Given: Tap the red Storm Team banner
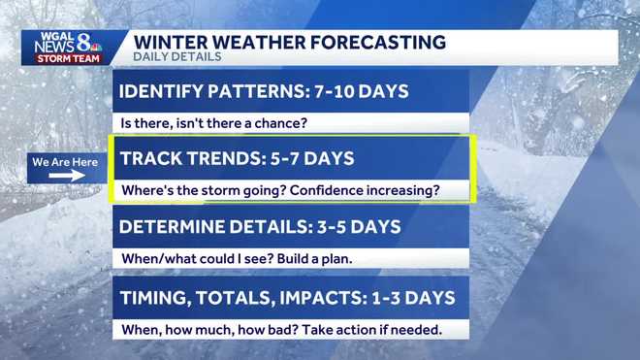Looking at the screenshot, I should pyautogui.click(x=65, y=58).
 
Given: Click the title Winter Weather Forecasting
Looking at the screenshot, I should pyautogui.click(x=289, y=42).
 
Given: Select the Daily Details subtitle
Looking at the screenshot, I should pyautogui.click(x=176, y=57).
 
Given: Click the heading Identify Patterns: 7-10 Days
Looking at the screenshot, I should pyautogui.click(x=263, y=92).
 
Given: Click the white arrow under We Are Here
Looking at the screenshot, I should pyautogui.click(x=66, y=178).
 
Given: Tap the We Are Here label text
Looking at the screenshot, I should pyautogui.click(x=65, y=162).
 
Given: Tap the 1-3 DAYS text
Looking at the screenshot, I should pyautogui.click(x=406, y=298).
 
